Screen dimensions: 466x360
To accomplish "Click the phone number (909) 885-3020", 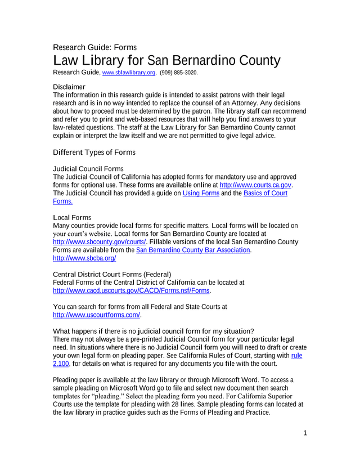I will click(179, 73).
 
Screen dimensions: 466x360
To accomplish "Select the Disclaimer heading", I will click(69, 87).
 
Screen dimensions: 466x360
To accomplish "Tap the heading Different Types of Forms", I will click(94, 153).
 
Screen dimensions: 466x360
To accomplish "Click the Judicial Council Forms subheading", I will click(88, 169).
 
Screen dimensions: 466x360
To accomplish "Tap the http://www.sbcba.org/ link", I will click(84, 258).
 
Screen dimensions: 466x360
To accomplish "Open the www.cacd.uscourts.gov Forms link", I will click(130, 290).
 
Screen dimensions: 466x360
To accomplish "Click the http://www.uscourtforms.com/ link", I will click(96, 315).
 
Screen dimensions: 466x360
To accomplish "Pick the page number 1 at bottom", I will click(304, 433).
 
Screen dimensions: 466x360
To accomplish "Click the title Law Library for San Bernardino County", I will click(166, 61).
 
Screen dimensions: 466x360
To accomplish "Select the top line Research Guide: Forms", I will click(94, 47).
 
